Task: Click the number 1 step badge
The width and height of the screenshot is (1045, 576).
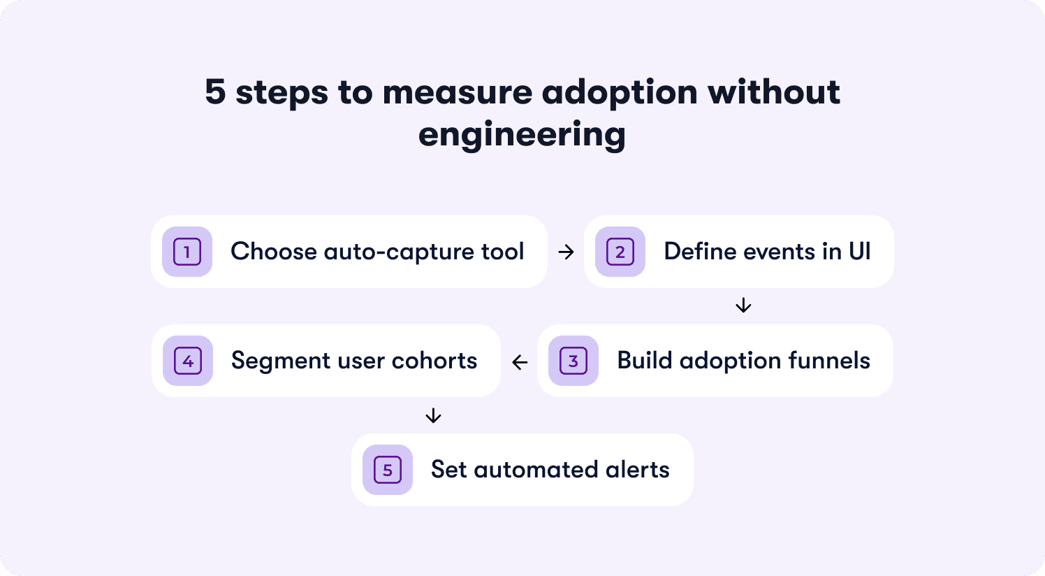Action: pyautogui.click(x=187, y=252)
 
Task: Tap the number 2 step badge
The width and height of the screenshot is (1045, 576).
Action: pyautogui.click(x=620, y=252)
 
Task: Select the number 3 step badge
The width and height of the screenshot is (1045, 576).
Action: pyautogui.click(x=573, y=361)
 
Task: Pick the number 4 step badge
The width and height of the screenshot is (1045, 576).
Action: pyautogui.click(x=188, y=361)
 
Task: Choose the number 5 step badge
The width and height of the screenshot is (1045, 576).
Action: pyautogui.click(x=388, y=470)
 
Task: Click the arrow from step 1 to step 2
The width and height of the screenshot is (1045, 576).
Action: pyautogui.click(x=567, y=252)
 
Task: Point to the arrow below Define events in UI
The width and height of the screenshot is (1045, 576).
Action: pyautogui.click(x=743, y=305)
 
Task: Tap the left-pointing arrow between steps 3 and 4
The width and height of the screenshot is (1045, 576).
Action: pyautogui.click(x=520, y=362)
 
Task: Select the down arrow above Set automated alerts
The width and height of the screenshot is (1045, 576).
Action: pyautogui.click(x=433, y=416)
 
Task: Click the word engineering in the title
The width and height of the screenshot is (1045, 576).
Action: pyautogui.click(x=522, y=135)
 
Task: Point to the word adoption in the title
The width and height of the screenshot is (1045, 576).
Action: pyautogui.click(x=619, y=93)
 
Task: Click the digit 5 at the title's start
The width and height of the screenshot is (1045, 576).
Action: pyautogui.click(x=215, y=93)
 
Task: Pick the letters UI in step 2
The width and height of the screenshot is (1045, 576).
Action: pyautogui.click(x=859, y=252)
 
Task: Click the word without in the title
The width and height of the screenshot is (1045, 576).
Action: pyautogui.click(x=773, y=93)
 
